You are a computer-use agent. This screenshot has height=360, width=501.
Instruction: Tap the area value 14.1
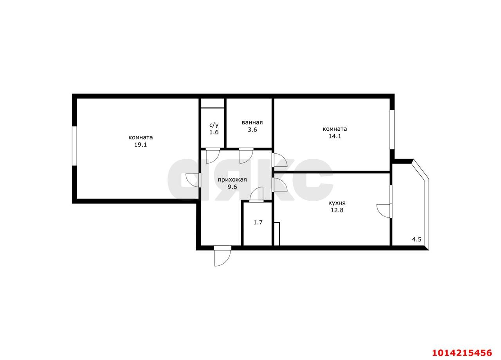[335, 136]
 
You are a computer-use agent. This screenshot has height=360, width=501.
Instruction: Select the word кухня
[337, 203]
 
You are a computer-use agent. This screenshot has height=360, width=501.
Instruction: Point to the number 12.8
[337, 210]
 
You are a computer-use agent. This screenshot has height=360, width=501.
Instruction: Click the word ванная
[252, 122]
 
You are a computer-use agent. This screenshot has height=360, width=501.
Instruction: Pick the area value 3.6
[252, 130]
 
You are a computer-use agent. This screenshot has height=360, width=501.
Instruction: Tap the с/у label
[214, 125]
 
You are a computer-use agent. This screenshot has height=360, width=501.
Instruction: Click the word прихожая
[232, 180]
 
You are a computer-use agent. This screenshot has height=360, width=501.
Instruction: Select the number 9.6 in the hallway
[232, 187]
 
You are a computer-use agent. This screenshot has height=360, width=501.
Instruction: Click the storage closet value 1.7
[258, 222]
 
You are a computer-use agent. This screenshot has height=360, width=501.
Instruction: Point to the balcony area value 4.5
[416, 239]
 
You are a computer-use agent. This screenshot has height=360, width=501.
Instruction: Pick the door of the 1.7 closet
[257, 195]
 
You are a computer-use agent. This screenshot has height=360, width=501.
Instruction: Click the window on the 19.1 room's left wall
[74, 146]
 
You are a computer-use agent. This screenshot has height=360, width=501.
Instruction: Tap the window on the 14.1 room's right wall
[392, 130]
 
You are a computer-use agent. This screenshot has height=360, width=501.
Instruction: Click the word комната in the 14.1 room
[335, 129]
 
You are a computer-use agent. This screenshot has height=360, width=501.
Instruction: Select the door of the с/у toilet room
[213, 156]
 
